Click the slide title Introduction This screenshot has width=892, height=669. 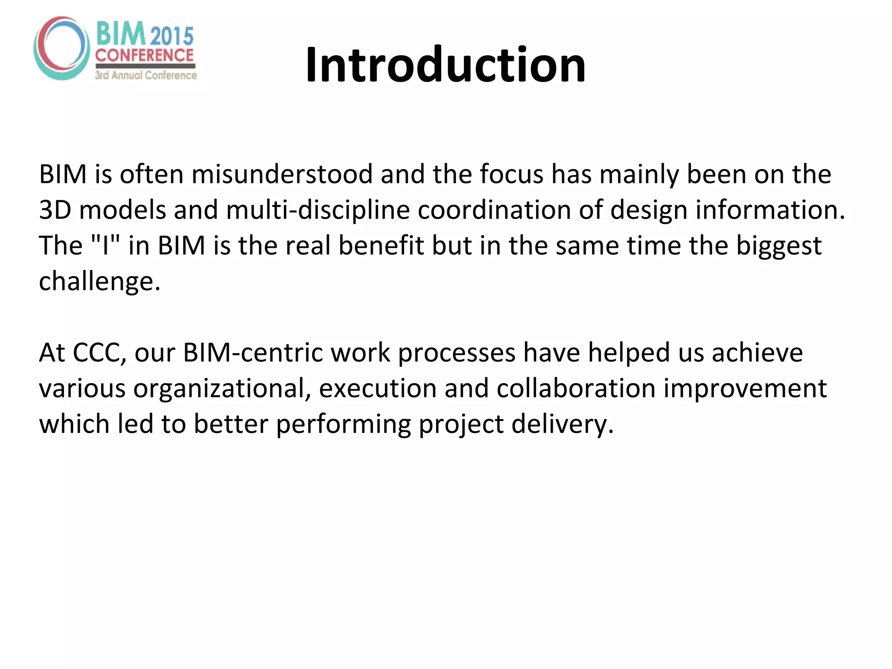pos(446,65)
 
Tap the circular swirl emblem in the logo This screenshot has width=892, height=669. pos(61,48)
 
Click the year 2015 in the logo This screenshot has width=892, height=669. pos(172,36)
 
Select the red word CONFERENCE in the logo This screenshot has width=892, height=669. pos(145,55)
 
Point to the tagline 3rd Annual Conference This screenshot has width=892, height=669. pos(146,75)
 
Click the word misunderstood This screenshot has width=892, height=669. pos(282,174)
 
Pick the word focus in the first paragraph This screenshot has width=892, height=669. pos(511,174)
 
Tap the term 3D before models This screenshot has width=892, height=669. pos(55,210)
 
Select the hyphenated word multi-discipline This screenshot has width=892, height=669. pos(318,210)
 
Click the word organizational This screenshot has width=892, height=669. pos(222,389)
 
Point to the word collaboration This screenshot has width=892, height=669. pos(576,389)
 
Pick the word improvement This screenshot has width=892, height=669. pos(745,389)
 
